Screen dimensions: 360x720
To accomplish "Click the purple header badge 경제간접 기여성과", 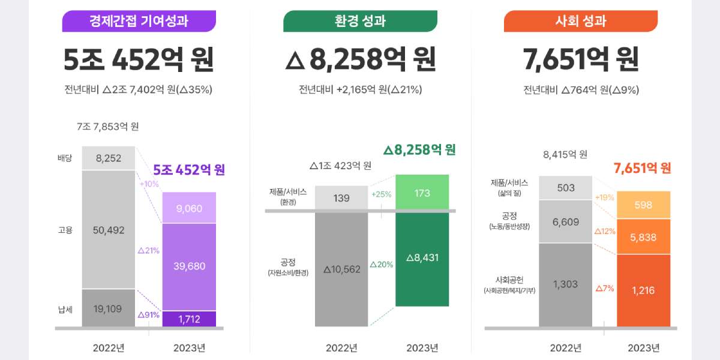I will tap(139, 22).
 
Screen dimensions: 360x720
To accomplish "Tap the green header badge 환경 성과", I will tap(360, 22).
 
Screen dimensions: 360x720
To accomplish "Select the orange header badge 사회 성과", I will tap(580, 22).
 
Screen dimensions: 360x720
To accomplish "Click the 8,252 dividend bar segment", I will tap(108, 158).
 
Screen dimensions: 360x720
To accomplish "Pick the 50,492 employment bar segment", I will tap(108, 230).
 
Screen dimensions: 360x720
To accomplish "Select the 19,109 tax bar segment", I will tap(108, 309).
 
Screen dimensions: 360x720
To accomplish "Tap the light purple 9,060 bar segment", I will tap(189, 208).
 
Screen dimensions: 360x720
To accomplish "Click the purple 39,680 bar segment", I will tap(189, 266).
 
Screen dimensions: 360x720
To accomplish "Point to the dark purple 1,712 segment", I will tap(189, 319).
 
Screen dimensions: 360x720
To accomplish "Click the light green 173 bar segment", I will tap(422, 193).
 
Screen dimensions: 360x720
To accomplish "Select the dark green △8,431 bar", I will tap(422, 258).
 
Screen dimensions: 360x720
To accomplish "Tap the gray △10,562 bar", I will tap(341, 269).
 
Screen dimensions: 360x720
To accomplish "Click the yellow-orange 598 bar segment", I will tap(643, 205).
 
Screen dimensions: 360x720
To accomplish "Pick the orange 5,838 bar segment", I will tap(643, 236).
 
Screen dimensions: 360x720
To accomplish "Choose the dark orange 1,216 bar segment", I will tap(643, 290).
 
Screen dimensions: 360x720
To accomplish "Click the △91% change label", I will tap(148, 314).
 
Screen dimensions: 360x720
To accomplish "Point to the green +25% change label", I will tap(381, 194).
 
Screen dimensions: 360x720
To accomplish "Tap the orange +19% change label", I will tap(604, 197).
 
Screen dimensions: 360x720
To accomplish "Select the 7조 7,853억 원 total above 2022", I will tap(108, 127).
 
